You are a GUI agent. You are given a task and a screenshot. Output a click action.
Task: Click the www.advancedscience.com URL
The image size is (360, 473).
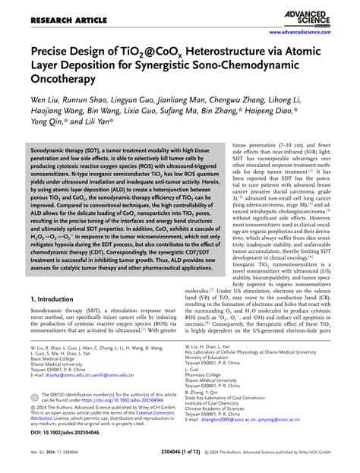312,33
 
